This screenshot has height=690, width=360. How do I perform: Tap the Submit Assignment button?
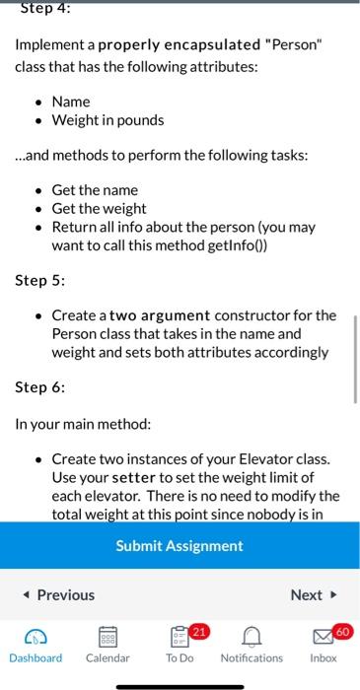point(180,545)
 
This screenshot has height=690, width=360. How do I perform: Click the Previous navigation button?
point(58,594)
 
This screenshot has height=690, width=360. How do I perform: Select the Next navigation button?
point(313,594)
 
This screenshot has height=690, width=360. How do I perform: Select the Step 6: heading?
point(39,387)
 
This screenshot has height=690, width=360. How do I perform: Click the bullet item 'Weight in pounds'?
point(108,120)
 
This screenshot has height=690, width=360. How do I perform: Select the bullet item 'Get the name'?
point(94,189)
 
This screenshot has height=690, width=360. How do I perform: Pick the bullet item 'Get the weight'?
point(99,208)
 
